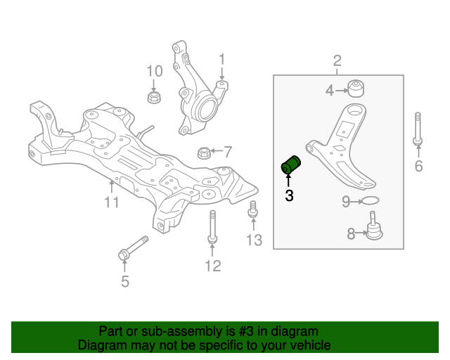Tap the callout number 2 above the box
click(x=337, y=60)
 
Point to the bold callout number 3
click(x=288, y=196)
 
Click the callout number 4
click(x=330, y=90)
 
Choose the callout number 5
click(x=124, y=283)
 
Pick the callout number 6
click(x=418, y=167)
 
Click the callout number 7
click(x=227, y=151)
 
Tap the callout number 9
click(x=346, y=202)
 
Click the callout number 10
click(x=154, y=70)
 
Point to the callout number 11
click(x=112, y=203)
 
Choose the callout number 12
click(x=212, y=265)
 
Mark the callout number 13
click(x=254, y=240)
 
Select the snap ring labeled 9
click(x=371, y=202)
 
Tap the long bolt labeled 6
click(x=418, y=130)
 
